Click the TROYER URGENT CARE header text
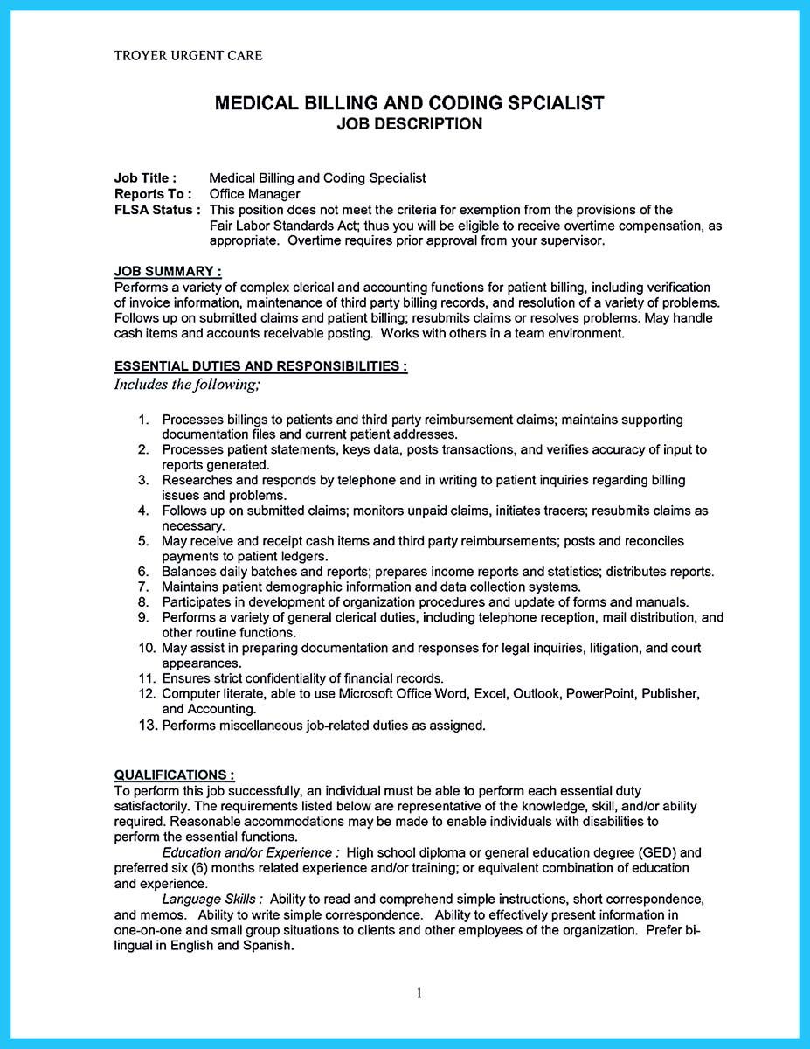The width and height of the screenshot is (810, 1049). [x=188, y=55]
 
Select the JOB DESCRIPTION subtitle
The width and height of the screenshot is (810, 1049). [x=409, y=124]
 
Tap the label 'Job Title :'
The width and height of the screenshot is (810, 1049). [x=145, y=177]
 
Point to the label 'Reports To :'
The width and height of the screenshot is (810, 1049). [x=153, y=194]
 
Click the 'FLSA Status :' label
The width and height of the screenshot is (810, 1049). [x=157, y=210]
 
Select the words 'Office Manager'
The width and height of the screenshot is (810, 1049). [x=254, y=194]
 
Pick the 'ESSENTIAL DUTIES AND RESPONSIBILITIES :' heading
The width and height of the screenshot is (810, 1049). [x=260, y=367]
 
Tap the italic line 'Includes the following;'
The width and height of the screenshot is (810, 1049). [x=187, y=384]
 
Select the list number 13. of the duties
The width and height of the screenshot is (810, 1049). [x=147, y=725]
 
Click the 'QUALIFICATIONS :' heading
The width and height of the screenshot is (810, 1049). [x=174, y=775]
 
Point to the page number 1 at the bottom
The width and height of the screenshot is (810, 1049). [x=419, y=992]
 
